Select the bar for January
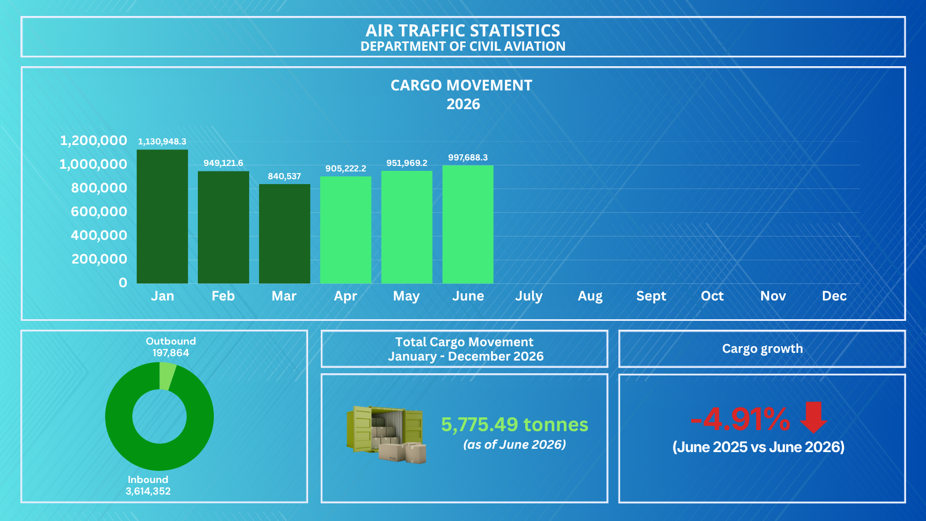tap(162, 216)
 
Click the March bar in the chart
tap(284, 234)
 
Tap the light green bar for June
tap(468, 224)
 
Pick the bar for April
tap(346, 230)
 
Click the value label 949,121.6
tap(223, 163)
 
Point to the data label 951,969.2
tap(407, 163)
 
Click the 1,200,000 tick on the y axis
tap(94, 141)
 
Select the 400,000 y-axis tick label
tap(99, 235)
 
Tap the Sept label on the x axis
tap(651, 296)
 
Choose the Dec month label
tap(835, 296)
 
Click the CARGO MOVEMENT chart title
tap(461, 85)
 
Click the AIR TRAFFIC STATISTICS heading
tap(463, 31)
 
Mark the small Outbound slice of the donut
tap(168, 376)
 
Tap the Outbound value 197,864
tap(171, 353)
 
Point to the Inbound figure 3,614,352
tap(148, 491)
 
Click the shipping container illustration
tap(386, 434)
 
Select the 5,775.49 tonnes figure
tap(515, 425)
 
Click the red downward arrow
tap(814, 418)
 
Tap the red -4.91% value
tap(740, 420)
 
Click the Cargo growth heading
tap(762, 349)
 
